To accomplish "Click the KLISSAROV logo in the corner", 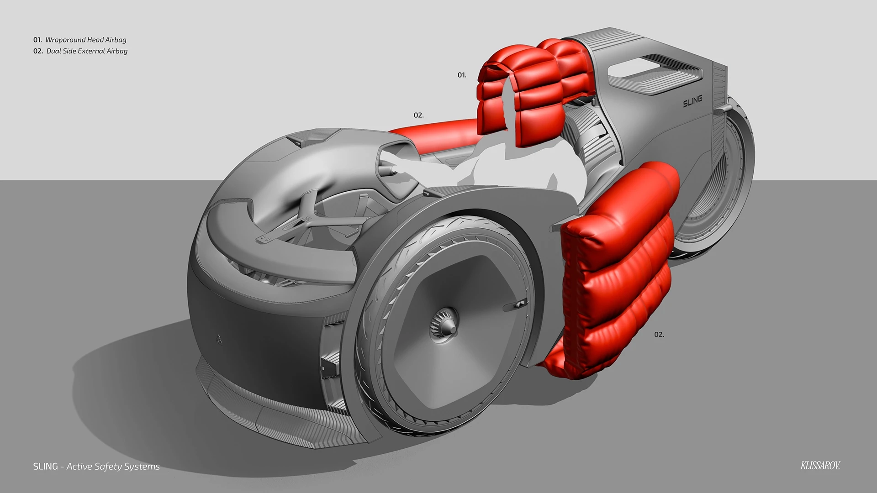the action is pos(820,466).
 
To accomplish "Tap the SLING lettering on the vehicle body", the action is pos(692,101).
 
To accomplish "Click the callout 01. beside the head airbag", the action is pos(462,75).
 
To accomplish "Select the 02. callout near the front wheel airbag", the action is pos(659,335).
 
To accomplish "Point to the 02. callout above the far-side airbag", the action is pos(418,115).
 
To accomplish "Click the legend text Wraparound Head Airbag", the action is pos(86,40).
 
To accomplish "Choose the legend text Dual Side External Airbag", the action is pos(87,51).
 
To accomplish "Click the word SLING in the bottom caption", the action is pos(46,467).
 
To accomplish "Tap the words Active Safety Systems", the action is pos(113,467).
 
